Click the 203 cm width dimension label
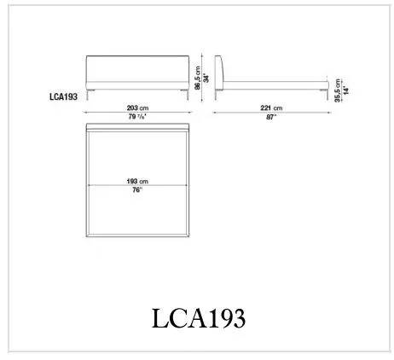137,107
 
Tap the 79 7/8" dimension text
137,117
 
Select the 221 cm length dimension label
271,107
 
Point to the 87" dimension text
271,117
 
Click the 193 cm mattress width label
137,181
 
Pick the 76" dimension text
137,190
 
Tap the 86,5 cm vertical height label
198,78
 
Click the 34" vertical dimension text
206,78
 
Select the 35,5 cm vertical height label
337,90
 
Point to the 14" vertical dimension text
346,90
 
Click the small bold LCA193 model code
63,96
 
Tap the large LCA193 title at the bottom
199,318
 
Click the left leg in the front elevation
89,95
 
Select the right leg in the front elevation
187,95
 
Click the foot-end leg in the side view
327,95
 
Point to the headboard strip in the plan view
137,127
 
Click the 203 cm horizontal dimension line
137,113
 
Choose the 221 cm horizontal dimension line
272,113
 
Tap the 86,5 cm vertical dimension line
202,78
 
